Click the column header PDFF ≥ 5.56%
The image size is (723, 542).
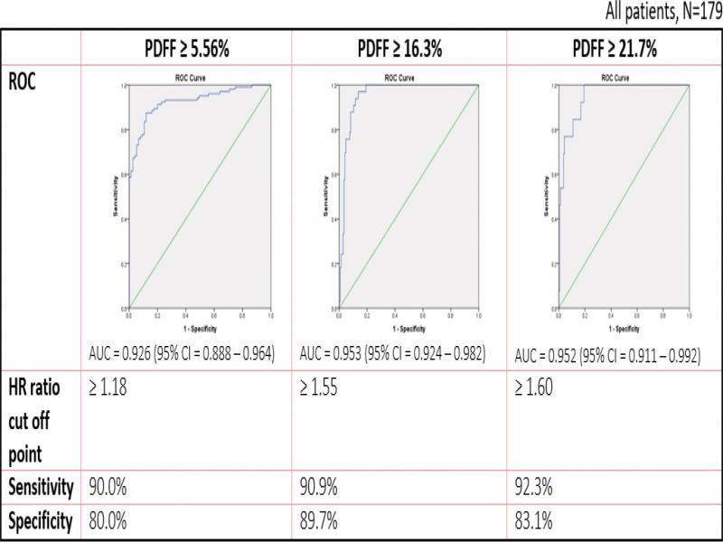[185, 51]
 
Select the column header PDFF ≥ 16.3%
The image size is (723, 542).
[399, 51]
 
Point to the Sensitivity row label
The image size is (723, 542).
[42, 488]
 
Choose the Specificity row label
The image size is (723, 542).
[41, 521]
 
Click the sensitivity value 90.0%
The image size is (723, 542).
[107, 488]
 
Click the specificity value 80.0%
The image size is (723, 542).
[107, 521]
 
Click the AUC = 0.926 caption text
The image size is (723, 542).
[181, 353]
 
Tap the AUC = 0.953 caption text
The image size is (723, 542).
[392, 353]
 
